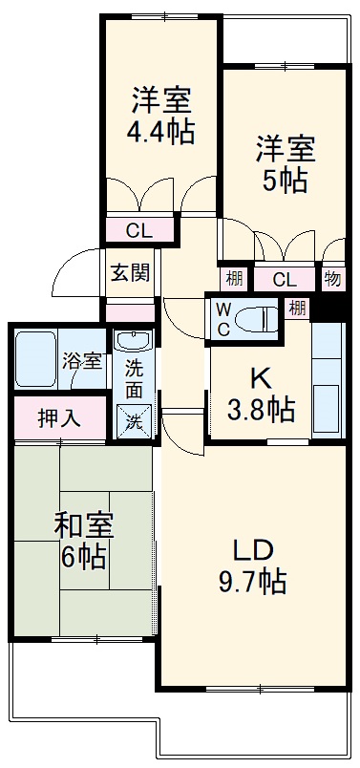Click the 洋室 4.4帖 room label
161,116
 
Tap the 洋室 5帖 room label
284,164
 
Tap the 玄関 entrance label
129,272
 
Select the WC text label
222,318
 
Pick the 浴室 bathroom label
82,362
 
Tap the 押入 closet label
58,417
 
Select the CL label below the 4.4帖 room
139,230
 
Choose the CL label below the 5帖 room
284,279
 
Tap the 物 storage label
332,279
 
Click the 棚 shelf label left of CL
234,279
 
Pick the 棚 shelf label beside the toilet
297,308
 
